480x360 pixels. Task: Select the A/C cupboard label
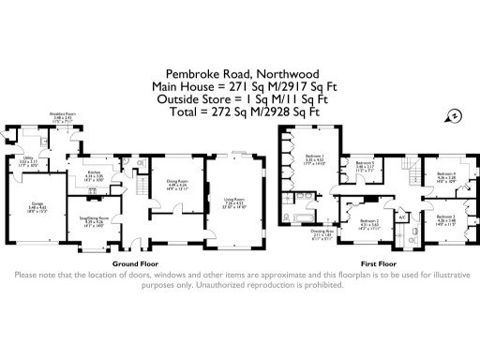[403, 217]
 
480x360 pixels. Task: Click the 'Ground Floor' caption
[133, 264]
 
